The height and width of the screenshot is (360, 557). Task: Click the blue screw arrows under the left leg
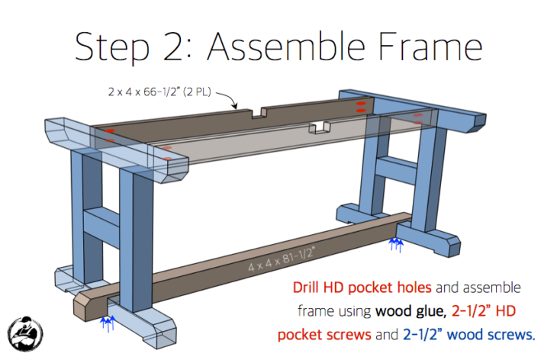(108, 323)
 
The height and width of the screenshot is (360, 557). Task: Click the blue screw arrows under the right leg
(395, 245)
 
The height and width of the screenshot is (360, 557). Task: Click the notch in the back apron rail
(260, 114)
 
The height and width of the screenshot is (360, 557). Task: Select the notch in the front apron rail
(320, 127)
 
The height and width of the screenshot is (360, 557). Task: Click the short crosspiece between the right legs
(394, 165)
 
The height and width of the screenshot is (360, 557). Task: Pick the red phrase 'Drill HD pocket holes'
(362, 288)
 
